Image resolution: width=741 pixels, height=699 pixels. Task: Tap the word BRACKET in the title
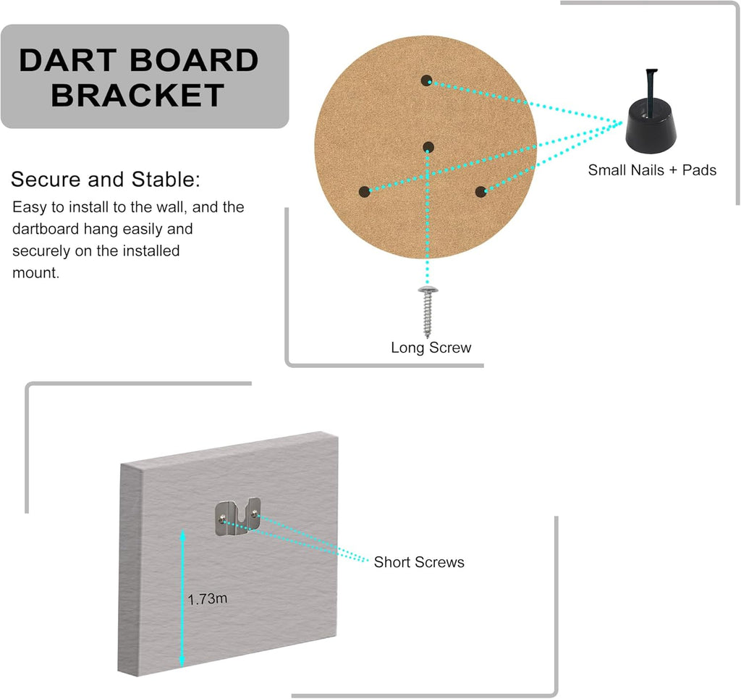point(137,95)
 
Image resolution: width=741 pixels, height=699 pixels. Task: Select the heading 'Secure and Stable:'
point(106,180)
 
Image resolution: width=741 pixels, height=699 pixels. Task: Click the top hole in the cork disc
point(426,80)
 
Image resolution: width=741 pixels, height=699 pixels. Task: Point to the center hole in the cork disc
point(428,148)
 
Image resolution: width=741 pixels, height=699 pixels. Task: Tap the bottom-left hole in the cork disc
point(364,192)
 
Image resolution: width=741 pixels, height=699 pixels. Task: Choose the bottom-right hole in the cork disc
point(480,192)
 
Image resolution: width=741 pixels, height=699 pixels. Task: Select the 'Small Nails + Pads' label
point(652,170)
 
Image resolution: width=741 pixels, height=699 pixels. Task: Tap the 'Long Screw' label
point(431,348)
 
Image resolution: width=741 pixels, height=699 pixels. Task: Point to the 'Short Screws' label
point(419,562)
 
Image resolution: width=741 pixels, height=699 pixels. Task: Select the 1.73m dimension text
point(208,599)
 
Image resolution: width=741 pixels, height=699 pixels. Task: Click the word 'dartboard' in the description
point(45,230)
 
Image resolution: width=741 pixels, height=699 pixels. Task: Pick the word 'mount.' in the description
point(35,273)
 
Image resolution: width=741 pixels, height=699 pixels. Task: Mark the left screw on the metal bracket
point(224,516)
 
